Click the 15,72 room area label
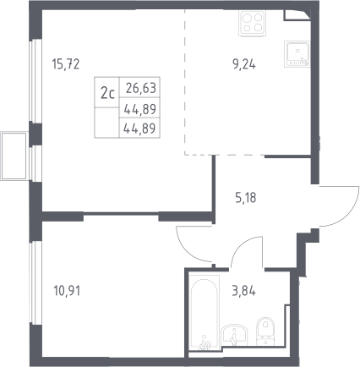tap(66, 64)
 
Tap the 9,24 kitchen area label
tap(244, 64)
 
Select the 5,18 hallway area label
tap(246, 198)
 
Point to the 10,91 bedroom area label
tap(67, 291)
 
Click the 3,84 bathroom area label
tap(244, 291)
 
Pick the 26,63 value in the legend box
tap(141, 88)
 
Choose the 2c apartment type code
tap(107, 93)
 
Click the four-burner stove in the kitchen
tap(252, 23)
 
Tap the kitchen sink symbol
tap(297, 54)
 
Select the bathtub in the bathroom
tap(205, 313)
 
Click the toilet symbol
tap(265, 331)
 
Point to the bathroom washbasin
tap(234, 335)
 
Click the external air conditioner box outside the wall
tap(14, 156)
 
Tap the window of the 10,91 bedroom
tap(35, 282)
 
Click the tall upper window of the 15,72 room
tap(35, 81)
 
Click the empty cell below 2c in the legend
tap(106, 123)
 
